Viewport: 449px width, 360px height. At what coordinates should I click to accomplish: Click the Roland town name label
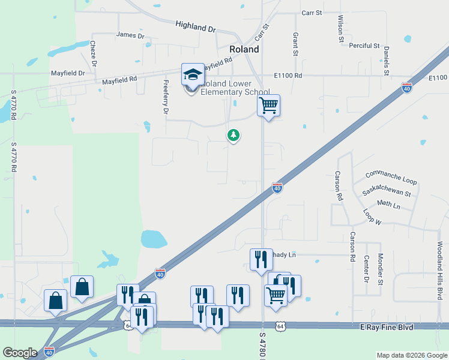pyautogui.click(x=244, y=50)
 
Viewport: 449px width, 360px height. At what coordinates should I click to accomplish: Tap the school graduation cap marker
pyautogui.click(x=193, y=75)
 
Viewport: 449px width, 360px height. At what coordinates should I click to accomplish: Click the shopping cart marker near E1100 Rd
pyautogui.click(x=268, y=106)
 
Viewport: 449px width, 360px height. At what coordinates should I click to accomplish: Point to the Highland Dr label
pyautogui.click(x=195, y=26)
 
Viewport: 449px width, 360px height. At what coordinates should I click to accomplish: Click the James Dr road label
pyautogui.click(x=130, y=36)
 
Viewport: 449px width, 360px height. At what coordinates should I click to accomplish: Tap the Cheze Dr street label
pyautogui.click(x=94, y=53)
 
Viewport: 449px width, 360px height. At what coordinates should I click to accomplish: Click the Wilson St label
pyautogui.click(x=340, y=28)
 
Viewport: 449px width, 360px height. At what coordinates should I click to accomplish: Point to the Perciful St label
pyautogui.click(x=365, y=46)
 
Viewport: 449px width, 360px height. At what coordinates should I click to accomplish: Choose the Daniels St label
pyautogui.click(x=387, y=61)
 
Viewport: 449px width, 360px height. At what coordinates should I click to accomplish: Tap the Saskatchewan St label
pyautogui.click(x=387, y=193)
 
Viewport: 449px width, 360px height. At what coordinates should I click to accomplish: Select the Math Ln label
pyautogui.click(x=388, y=205)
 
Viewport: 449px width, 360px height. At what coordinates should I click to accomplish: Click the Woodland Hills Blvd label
pyautogui.click(x=439, y=270)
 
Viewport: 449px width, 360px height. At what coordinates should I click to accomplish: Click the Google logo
pyautogui.click(x=20, y=352)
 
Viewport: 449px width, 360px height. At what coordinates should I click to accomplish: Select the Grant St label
pyautogui.click(x=295, y=44)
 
